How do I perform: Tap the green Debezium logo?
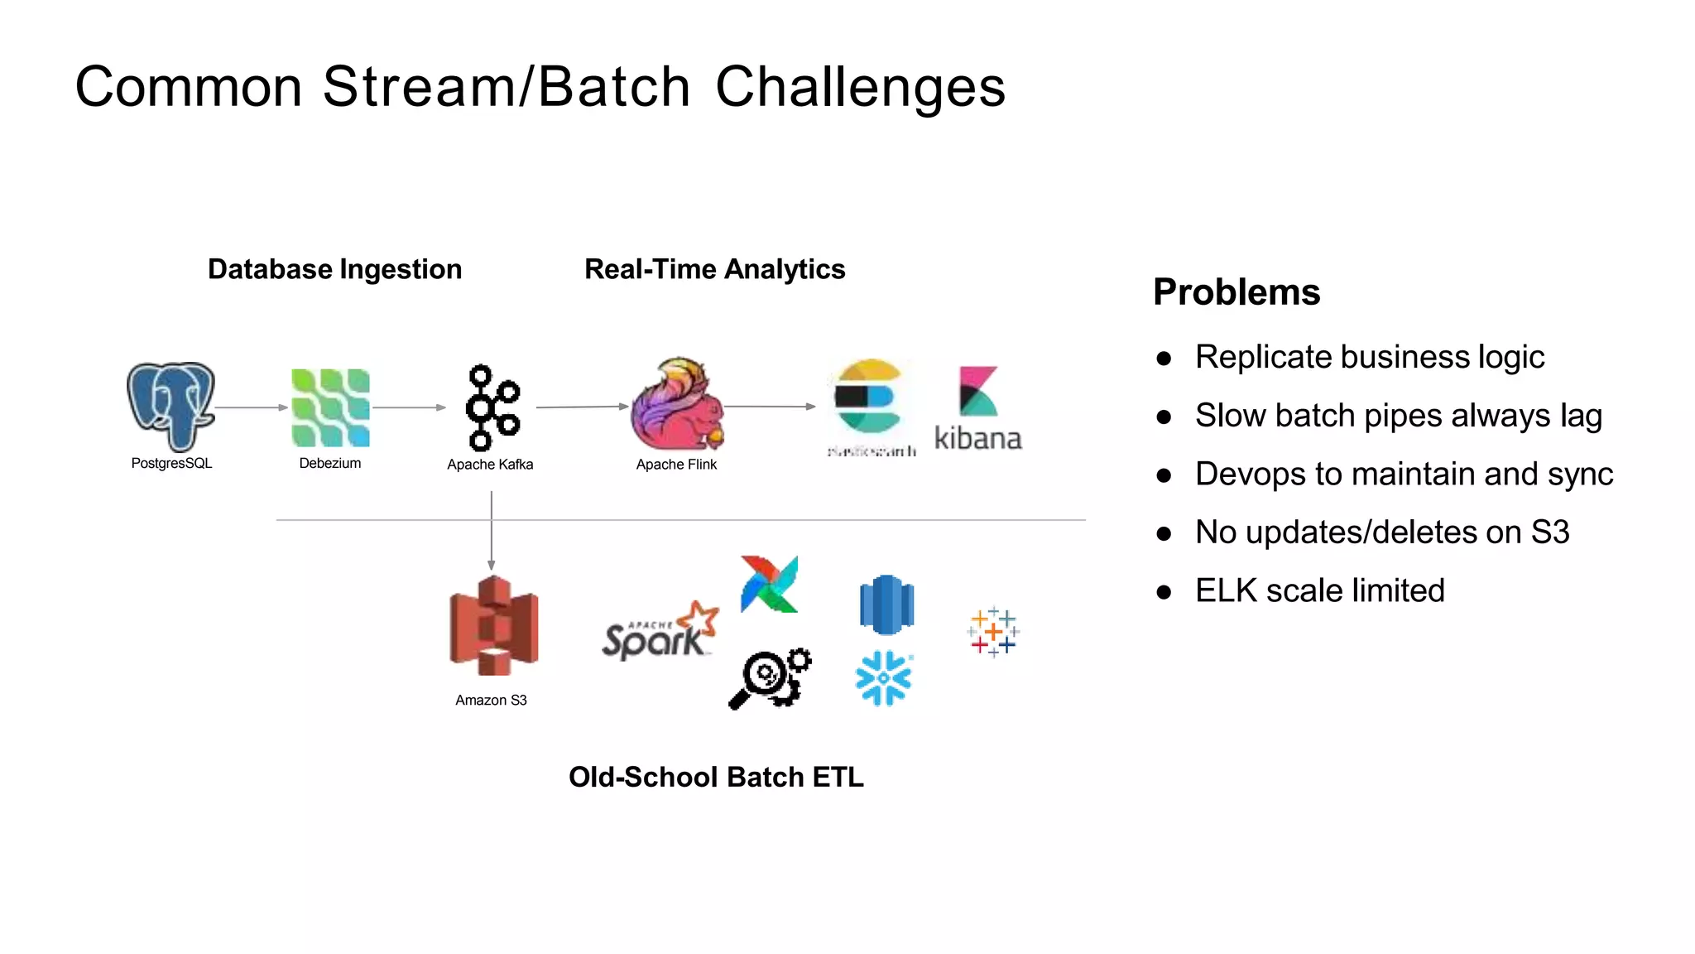[330, 407]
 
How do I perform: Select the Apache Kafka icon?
[492, 407]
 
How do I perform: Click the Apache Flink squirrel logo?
[677, 404]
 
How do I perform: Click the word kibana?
[977, 438]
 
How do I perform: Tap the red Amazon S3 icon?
[493, 626]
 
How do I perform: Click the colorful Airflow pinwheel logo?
[769, 585]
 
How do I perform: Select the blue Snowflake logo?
[883, 678]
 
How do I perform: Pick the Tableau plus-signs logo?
[992, 632]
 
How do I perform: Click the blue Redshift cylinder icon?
[886, 605]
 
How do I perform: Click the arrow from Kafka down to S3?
[492, 530]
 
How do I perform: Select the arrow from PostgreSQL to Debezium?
[251, 407]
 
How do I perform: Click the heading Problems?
[1236, 292]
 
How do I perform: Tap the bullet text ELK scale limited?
[1319, 590]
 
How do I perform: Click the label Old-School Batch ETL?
[716, 777]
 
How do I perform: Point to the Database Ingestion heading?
[334, 269]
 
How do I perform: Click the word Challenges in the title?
[860, 87]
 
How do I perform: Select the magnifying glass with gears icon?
[770, 678]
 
